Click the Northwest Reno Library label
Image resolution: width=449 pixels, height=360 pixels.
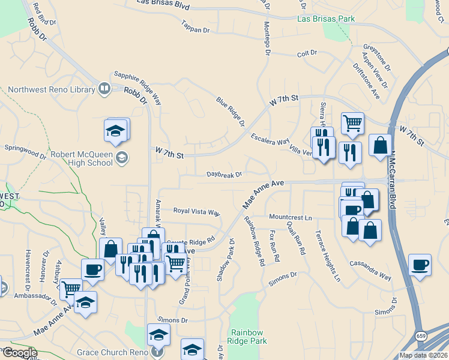51,90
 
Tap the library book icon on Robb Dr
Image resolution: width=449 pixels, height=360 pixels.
104,89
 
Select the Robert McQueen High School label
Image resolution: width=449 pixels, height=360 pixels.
82,158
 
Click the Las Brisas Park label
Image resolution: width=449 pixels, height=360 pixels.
326,19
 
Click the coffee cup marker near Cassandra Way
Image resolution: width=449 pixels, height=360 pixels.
420,265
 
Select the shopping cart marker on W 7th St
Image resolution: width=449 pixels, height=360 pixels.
352,123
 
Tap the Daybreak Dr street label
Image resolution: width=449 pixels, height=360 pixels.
224,175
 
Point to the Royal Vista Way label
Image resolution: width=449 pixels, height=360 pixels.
197,211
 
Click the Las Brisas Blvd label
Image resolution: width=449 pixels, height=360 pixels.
163,4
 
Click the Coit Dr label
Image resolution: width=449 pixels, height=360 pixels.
307,53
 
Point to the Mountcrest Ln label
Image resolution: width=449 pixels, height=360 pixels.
291,216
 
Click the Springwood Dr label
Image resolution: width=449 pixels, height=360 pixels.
25,151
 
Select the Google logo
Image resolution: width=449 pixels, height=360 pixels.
19,353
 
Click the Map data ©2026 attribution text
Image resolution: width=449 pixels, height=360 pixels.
423,355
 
